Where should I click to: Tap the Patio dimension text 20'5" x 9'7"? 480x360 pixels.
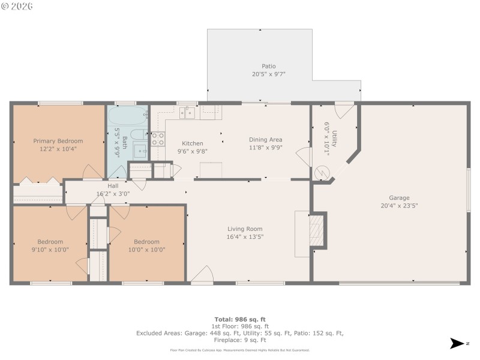coord(268,74)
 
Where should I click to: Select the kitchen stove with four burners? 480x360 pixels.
coord(158,139)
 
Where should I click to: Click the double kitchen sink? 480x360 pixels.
coord(188,112)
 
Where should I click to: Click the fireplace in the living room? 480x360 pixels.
coord(317,230)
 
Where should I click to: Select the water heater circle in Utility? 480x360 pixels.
coord(323,173)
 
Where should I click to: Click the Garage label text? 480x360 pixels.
coord(399,197)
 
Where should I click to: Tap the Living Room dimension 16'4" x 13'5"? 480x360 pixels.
coord(245,236)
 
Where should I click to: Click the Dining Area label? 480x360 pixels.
coord(265,140)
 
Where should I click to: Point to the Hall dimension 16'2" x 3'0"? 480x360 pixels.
coord(113,194)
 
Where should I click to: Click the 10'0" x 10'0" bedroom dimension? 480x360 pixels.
coord(146,250)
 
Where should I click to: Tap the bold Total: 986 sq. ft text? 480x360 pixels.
coord(239,319)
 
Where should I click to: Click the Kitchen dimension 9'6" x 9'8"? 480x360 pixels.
coord(192,151)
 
